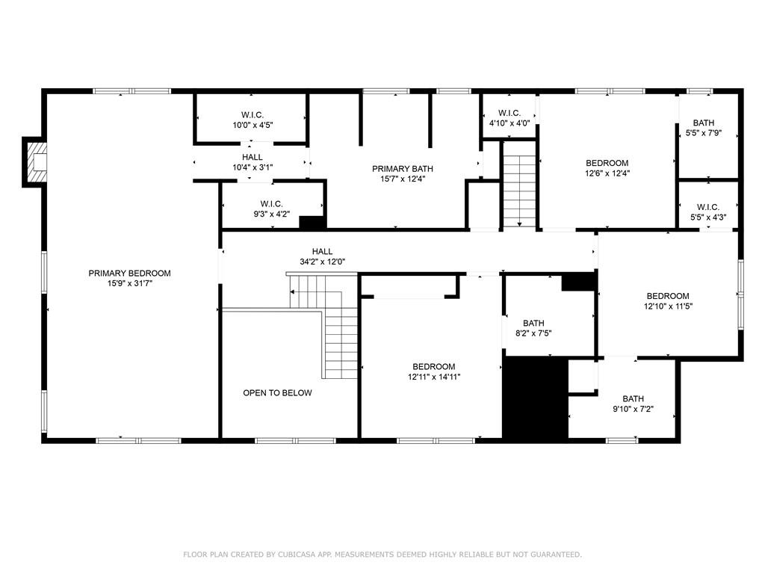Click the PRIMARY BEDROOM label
[129, 274]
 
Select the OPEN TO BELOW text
[277, 393]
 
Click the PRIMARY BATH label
[403, 169]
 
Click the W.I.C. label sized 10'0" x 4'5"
[252, 114]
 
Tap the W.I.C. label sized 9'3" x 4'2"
[270, 203]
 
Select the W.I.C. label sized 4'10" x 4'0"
[510, 113]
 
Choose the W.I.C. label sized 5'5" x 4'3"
[707, 207]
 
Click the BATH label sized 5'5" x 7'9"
[703, 123]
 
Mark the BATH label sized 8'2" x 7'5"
[533, 323]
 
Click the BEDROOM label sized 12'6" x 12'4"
[607, 163]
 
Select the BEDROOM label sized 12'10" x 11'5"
[668, 296]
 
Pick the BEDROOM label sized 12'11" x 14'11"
[433, 366]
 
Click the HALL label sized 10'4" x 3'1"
[252, 157]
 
